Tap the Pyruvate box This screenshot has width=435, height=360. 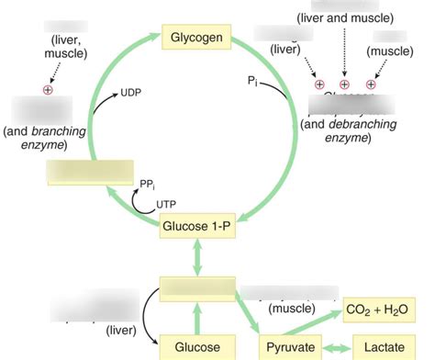[x=290, y=347]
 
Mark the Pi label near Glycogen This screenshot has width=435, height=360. [x=254, y=82]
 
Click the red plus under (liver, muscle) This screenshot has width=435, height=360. [x=48, y=90]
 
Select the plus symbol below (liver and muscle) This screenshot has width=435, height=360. [x=344, y=84]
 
